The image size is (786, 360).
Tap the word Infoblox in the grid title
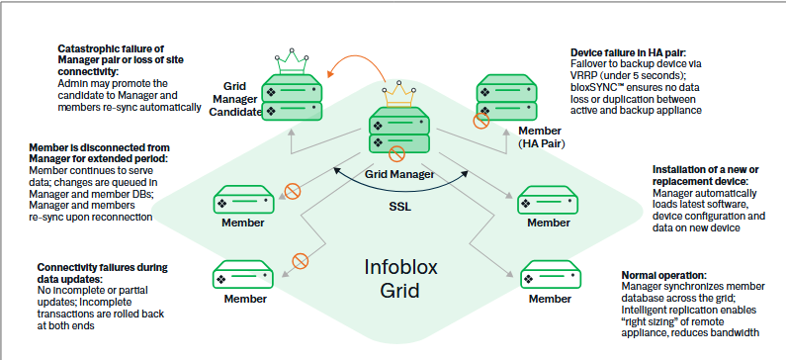pos(394,266)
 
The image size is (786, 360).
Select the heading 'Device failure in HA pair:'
pos(631,52)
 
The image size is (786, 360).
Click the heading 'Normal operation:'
pos(663,274)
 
